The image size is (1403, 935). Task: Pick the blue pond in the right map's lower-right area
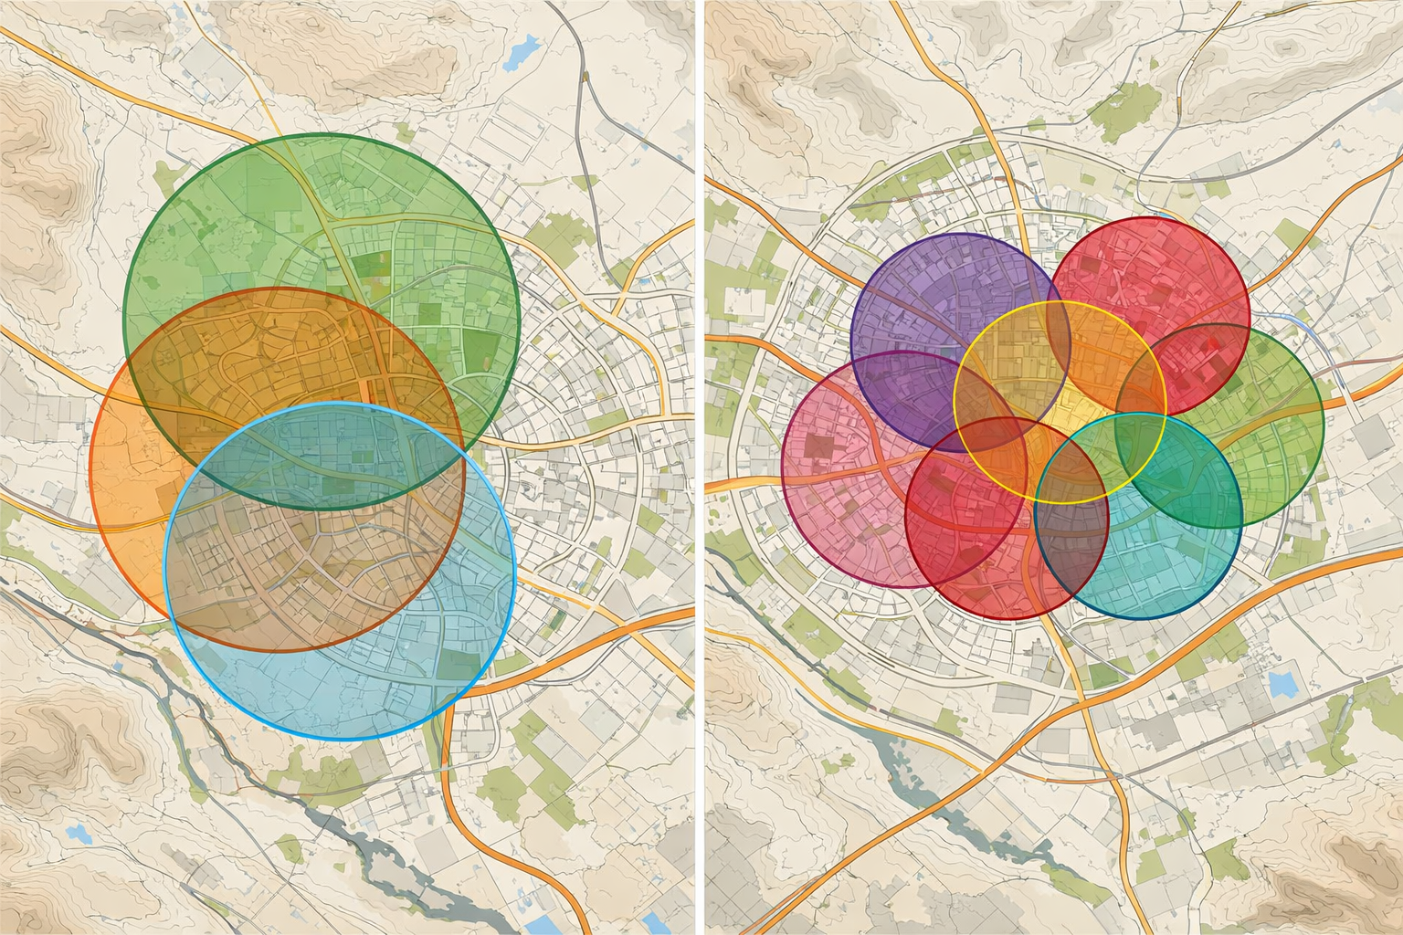tap(1282, 684)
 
